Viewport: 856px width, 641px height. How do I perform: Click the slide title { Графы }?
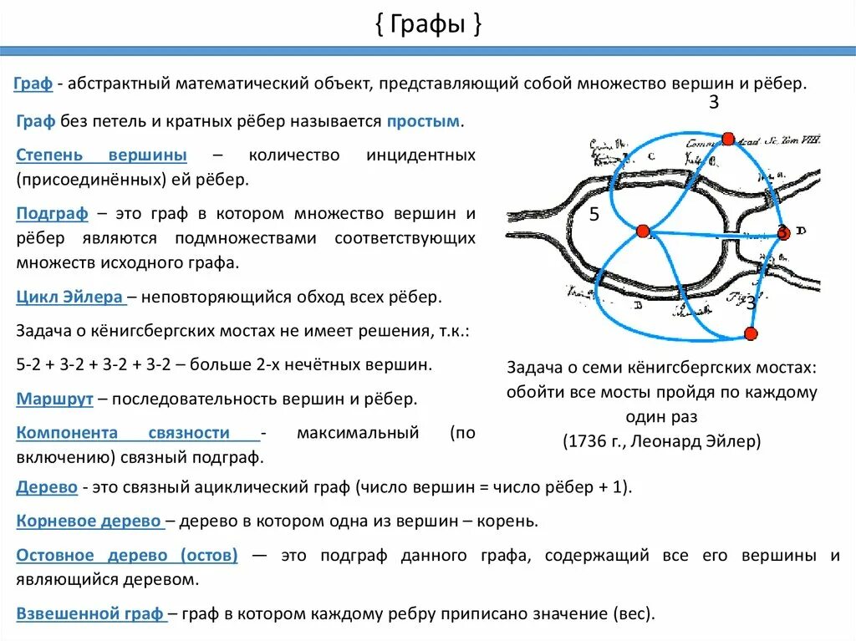point(427,24)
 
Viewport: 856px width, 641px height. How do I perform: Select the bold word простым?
point(423,121)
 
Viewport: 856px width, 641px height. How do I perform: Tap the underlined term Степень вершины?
point(101,155)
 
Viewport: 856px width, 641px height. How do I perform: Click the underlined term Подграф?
point(52,213)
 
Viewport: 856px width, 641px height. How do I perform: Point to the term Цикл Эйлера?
point(69,297)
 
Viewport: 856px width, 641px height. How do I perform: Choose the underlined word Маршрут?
point(54,399)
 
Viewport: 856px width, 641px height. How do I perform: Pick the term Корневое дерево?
point(89,521)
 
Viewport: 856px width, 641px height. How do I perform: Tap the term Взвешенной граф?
point(89,613)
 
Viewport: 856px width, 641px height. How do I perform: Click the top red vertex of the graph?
point(727,138)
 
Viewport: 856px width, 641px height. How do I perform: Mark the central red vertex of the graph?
point(642,231)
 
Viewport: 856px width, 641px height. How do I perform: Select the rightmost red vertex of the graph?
point(782,232)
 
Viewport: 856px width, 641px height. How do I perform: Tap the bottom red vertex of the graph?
point(750,334)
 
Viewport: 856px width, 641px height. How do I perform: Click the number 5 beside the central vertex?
point(594,215)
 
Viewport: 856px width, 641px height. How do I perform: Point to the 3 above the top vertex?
point(713,103)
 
